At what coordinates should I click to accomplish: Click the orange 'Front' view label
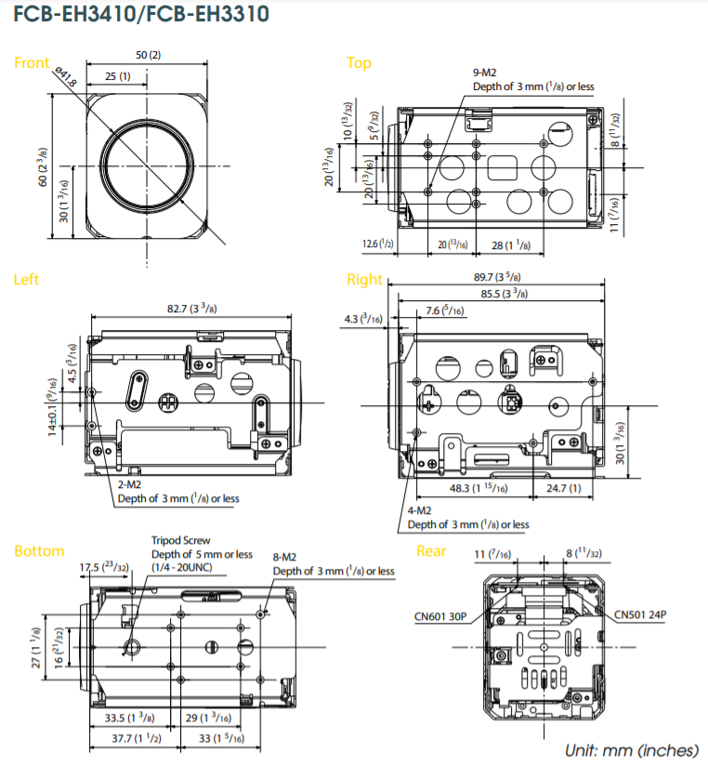coord(32,63)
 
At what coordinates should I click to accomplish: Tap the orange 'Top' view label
coord(359,63)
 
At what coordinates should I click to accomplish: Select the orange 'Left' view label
coord(26,279)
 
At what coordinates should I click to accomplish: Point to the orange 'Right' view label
coord(364,279)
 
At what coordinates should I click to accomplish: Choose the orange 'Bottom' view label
coord(39,551)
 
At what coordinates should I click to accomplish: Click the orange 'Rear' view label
coord(431,551)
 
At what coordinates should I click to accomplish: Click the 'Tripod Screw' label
coord(180,540)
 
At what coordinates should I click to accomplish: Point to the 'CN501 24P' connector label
coord(640,614)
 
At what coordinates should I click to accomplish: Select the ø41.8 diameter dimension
coord(65,77)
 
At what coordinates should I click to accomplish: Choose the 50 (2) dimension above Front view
coord(148,55)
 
